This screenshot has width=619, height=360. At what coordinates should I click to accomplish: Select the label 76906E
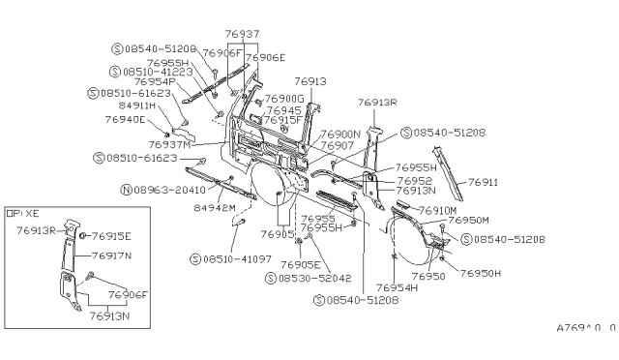pos(265,57)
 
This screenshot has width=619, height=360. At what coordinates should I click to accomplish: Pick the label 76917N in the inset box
pos(112,255)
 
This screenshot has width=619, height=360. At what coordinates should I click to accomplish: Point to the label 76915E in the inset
pos(112,235)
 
